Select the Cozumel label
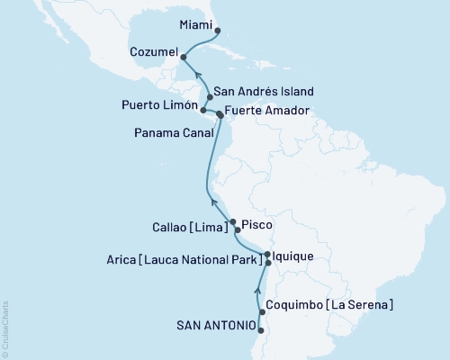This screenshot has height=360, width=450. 153,53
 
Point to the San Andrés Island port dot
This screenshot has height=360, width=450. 210,96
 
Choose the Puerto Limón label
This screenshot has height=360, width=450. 158,106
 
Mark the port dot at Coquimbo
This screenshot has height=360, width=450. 262,311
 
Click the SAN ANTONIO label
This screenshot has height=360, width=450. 214,327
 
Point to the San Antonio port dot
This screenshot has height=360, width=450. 259,331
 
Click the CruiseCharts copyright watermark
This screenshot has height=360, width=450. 5,328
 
